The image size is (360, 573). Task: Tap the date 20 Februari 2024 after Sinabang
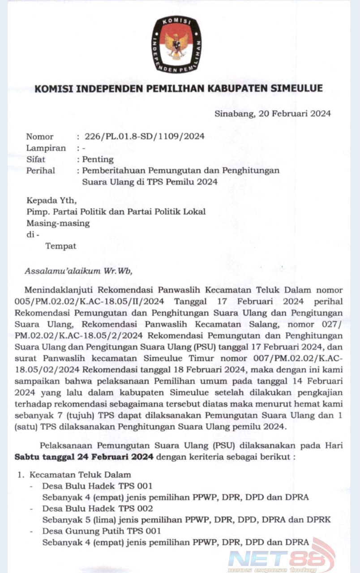point(295,113)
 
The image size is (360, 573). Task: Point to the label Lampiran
point(46,148)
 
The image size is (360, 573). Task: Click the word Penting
point(98,159)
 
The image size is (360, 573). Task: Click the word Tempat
point(61,246)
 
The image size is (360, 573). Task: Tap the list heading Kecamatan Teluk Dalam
point(80,475)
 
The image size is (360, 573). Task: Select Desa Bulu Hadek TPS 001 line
point(97,486)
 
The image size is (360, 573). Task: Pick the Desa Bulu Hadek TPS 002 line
point(97,509)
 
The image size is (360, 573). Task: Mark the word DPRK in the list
point(319,520)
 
